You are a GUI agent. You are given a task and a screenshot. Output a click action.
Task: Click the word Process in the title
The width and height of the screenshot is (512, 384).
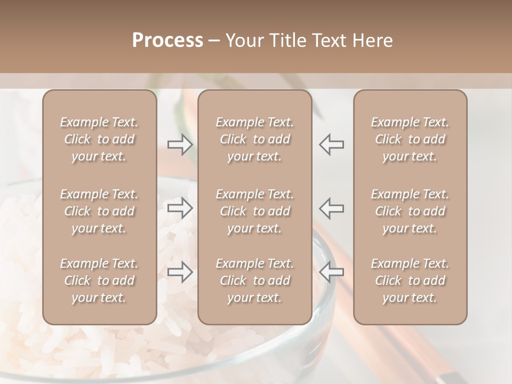[167, 41]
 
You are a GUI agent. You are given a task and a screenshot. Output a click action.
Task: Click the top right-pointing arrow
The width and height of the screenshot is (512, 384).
[180, 145]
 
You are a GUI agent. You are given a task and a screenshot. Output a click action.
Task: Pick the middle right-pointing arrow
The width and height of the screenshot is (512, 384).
[180, 209]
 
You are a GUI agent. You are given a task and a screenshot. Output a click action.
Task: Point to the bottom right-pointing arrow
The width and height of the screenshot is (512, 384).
[180, 272]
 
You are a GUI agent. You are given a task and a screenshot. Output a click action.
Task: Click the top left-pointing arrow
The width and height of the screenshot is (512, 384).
[332, 145]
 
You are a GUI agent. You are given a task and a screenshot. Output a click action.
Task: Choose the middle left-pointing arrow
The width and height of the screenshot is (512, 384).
[332, 209]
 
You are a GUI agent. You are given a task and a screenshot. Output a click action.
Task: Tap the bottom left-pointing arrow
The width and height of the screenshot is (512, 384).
[332, 272]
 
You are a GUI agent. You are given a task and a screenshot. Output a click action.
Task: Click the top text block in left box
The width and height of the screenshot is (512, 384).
[99, 139]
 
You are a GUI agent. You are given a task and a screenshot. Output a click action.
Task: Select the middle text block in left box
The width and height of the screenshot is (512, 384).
[99, 211]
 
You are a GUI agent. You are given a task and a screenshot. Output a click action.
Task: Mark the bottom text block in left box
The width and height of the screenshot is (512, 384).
[99, 281]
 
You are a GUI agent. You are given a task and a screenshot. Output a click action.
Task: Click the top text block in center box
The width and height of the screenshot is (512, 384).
[254, 139]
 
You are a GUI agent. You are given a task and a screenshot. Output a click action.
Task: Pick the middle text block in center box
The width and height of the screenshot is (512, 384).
[254, 211]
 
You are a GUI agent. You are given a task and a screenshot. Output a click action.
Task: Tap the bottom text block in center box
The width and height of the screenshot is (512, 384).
[254, 281]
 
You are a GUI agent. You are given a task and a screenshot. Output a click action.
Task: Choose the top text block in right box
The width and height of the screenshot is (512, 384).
[410, 139]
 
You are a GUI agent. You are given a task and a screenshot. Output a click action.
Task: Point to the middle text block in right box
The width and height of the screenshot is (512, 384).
[410, 211]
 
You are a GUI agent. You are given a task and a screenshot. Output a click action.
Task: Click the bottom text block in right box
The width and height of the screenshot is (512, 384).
[410, 281]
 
